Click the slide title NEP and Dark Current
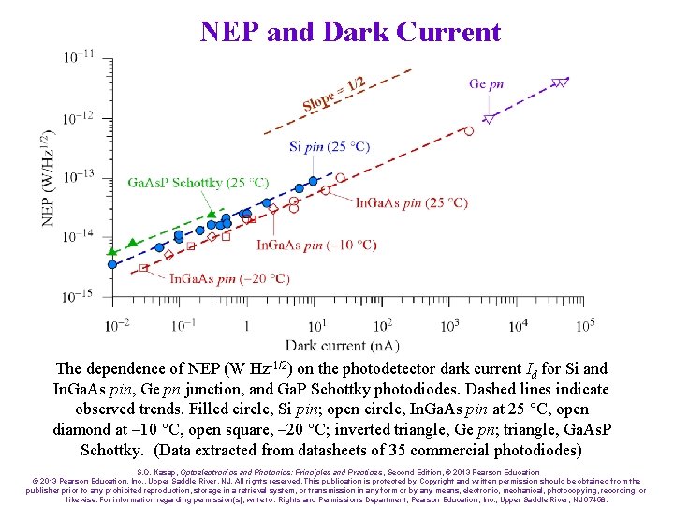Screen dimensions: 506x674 click(350, 32)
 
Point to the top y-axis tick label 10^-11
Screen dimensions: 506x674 click(79, 57)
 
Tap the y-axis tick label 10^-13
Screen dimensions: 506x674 click(79, 176)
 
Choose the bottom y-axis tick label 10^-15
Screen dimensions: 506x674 click(79, 296)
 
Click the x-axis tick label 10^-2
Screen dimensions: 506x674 click(117, 325)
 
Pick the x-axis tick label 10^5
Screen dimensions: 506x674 click(584, 325)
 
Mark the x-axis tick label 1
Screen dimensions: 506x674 click(250, 326)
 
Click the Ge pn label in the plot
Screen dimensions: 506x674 click(486, 83)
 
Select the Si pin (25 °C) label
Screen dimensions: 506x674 click(330, 146)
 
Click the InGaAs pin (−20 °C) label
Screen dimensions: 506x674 click(229, 278)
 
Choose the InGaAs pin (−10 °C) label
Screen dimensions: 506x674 click(316, 245)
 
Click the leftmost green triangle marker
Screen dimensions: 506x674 click(112, 251)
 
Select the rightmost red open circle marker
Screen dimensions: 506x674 click(469, 131)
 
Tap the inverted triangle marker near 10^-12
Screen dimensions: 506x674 click(489, 119)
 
